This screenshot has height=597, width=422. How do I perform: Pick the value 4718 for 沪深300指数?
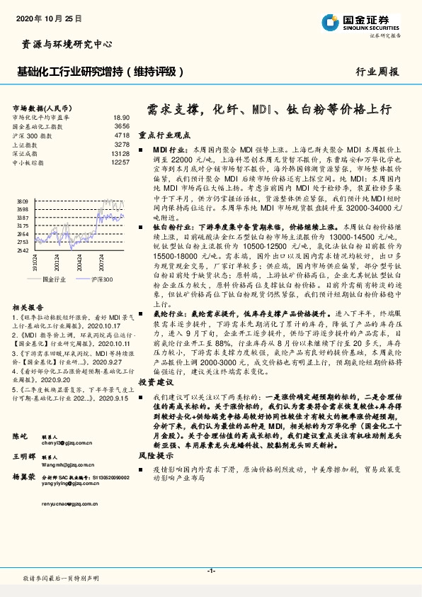pyautogui.click(x=121, y=135)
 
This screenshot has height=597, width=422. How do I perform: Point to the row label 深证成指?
pyautogui.click(x=25, y=153)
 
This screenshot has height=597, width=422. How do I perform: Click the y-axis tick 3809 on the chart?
pyautogui.click(x=23, y=201)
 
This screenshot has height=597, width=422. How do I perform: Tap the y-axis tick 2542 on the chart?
pyautogui.click(x=23, y=250)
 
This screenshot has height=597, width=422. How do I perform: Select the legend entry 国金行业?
pyautogui.click(x=54, y=279)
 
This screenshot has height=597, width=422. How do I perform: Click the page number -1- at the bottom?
pyautogui.click(x=211, y=571)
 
